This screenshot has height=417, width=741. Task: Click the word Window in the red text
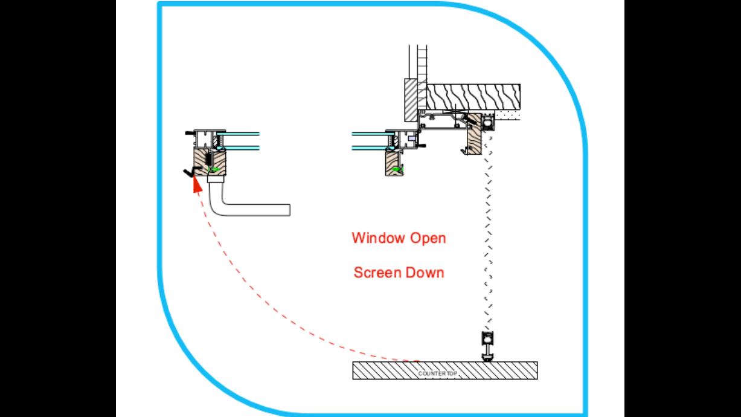click(x=378, y=238)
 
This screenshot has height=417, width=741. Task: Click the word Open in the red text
click(x=428, y=238)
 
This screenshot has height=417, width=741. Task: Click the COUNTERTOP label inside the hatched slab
click(x=438, y=374)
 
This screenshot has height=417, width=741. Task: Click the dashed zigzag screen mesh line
click(x=487, y=242)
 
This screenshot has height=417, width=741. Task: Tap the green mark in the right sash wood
click(x=396, y=170)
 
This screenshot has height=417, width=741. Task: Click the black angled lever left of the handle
click(x=190, y=173)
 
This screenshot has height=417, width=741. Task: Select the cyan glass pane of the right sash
click(x=368, y=140)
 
